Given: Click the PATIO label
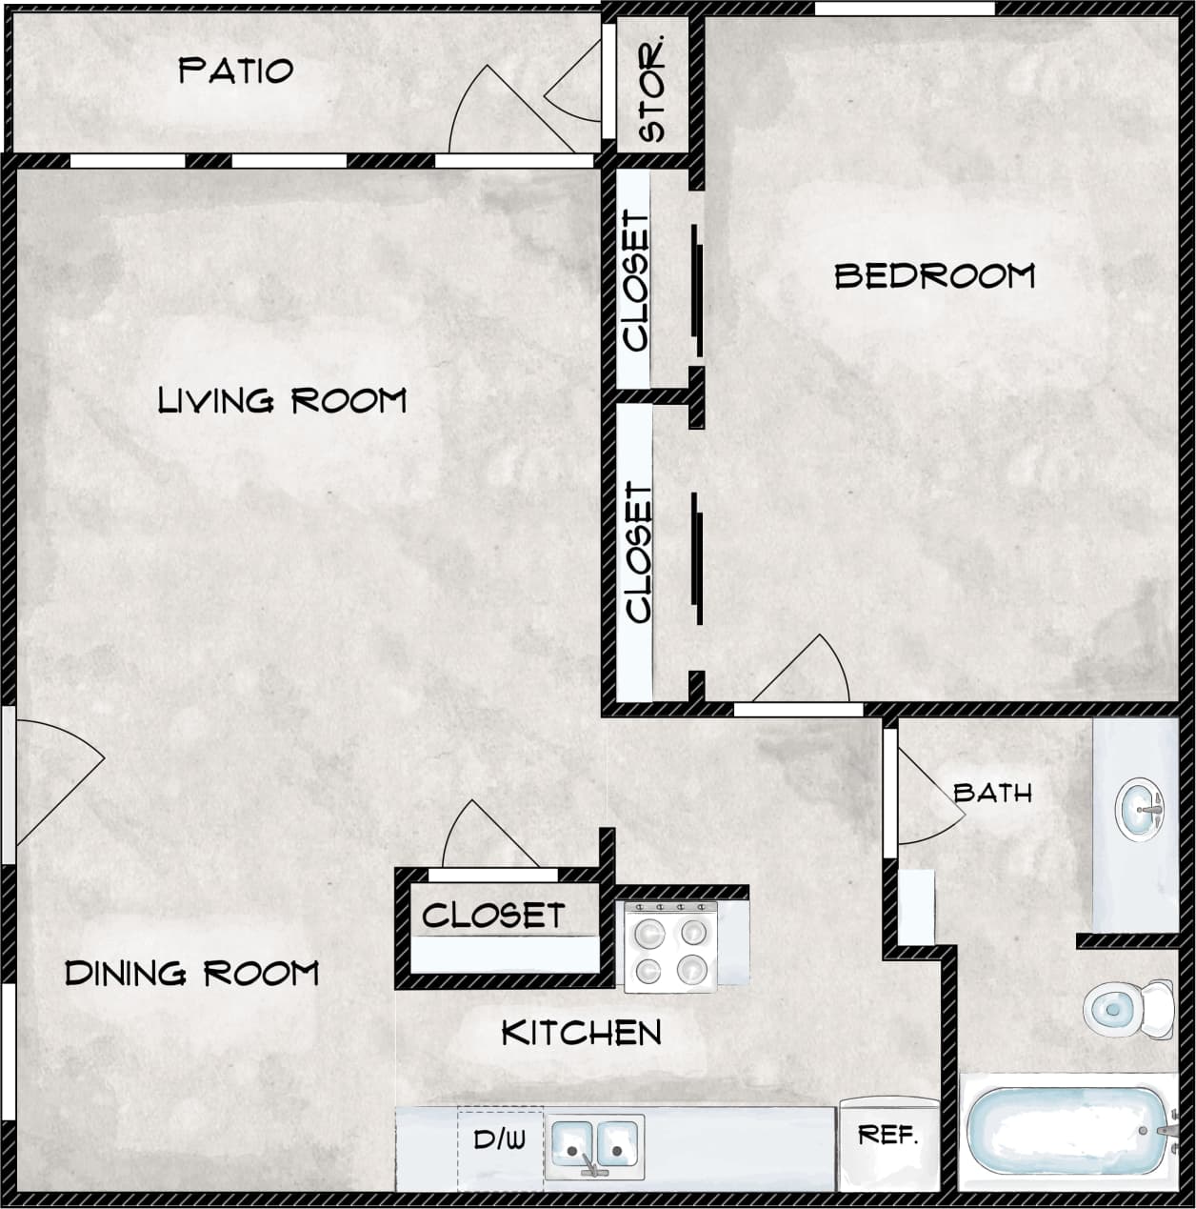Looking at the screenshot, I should coord(235,71).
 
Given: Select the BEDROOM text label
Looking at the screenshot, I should coord(934,276).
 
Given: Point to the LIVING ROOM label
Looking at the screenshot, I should coord(282,400).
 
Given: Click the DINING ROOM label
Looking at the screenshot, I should coord(191,973).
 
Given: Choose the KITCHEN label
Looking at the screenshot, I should coord(581,1033).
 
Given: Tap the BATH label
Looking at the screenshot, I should coord(992,793).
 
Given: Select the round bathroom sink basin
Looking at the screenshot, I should coord(1139,810).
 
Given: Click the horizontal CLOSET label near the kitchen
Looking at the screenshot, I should coord(492,916).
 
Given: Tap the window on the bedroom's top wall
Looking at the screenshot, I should coord(905,9).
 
